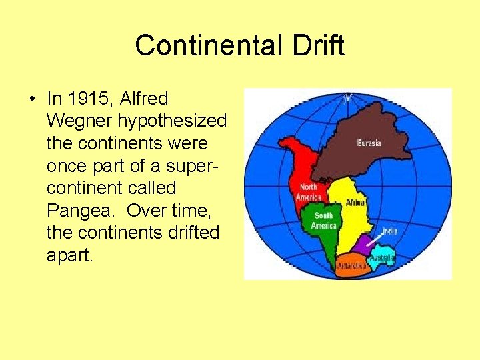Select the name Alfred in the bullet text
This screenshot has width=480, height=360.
(144, 99)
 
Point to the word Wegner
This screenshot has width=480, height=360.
(75, 121)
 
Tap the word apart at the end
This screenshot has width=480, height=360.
(69, 255)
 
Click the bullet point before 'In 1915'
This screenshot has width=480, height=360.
(32, 99)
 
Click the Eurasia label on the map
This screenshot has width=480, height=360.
(369, 143)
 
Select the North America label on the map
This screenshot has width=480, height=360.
(308, 192)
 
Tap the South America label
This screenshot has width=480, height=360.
(323, 221)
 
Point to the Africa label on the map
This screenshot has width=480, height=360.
(355, 203)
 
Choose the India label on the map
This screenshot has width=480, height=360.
(390, 231)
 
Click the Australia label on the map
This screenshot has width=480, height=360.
(382, 257)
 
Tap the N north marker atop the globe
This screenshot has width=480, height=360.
(347, 99)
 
